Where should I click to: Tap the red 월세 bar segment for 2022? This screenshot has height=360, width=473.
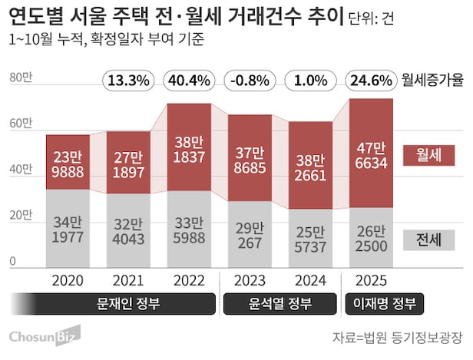[190, 147]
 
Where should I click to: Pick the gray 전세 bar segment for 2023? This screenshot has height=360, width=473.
[250, 233]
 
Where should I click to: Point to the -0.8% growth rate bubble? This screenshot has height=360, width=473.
[250, 80]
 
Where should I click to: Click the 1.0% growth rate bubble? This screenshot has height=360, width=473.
[310, 80]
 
